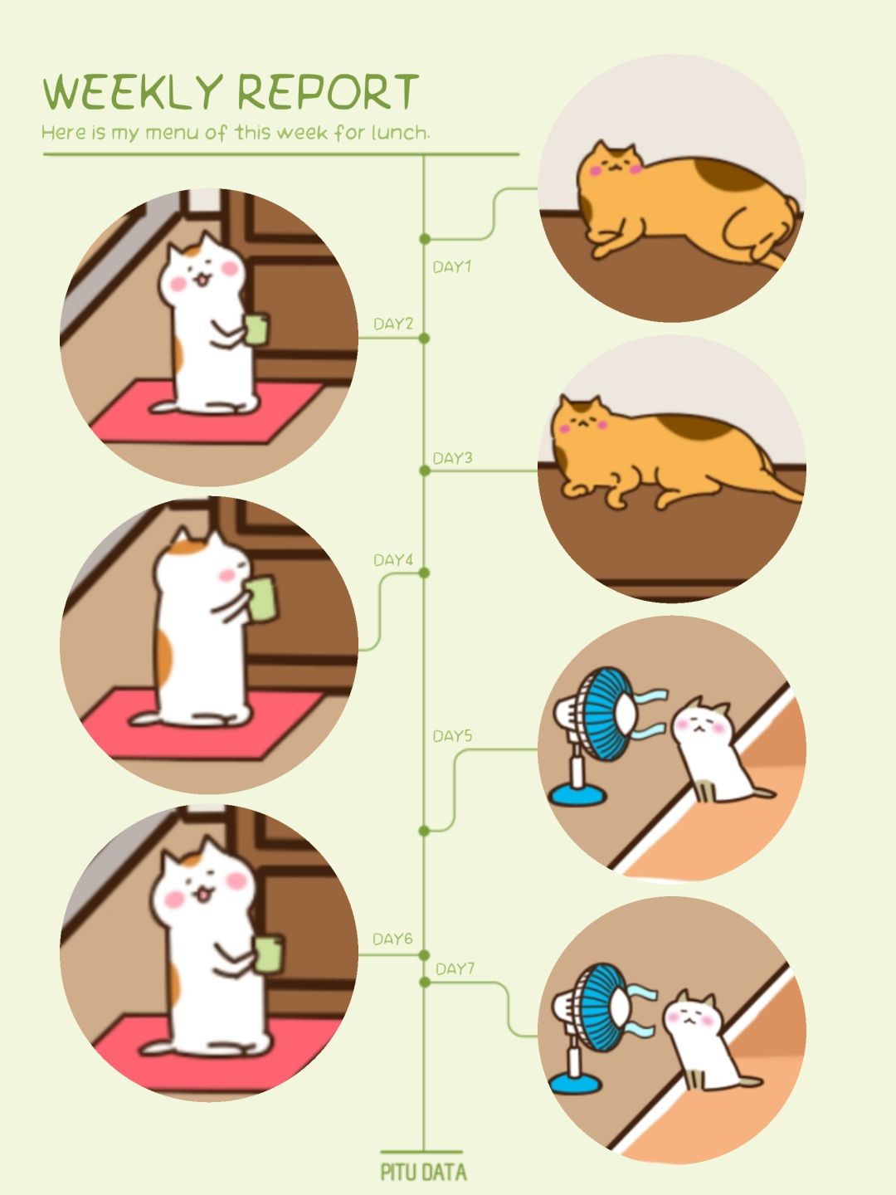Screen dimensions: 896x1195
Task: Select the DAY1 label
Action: [451, 266]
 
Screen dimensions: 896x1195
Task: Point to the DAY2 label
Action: [392, 324]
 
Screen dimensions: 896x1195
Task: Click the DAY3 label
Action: [452, 458]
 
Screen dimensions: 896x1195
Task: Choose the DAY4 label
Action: [392, 560]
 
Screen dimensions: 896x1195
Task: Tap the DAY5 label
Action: [452, 737]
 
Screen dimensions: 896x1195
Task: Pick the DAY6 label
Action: [392, 939]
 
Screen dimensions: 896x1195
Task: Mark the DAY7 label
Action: [455, 968]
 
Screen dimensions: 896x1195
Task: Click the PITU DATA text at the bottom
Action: [423, 1172]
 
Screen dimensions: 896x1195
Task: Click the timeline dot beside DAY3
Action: [425, 471]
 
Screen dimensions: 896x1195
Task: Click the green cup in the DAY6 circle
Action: [269, 954]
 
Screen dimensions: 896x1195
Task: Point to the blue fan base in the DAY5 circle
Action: [577, 794]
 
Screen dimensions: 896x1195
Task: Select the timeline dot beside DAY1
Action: [425, 238]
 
